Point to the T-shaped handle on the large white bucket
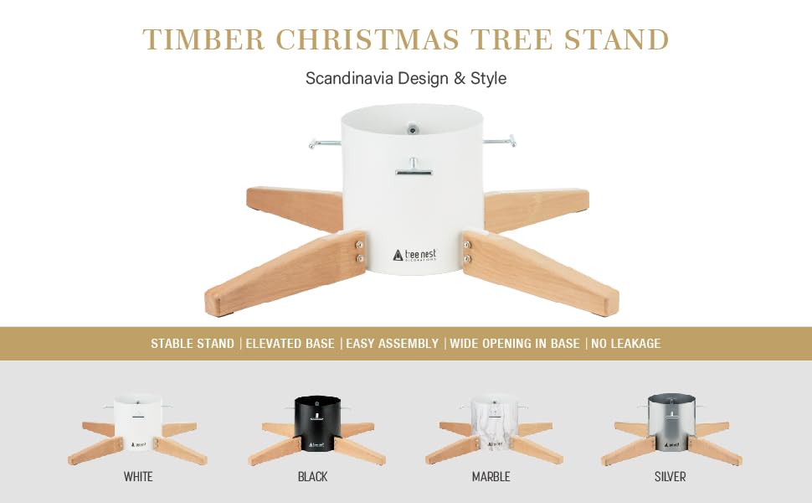413,169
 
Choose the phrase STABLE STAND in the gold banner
193,344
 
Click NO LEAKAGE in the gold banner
627,344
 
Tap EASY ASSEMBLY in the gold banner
392,344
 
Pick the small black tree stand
317,430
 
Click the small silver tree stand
669,430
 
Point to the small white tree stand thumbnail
138,430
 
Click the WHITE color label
138,477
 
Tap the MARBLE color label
491,477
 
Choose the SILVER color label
670,477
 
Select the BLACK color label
312,477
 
